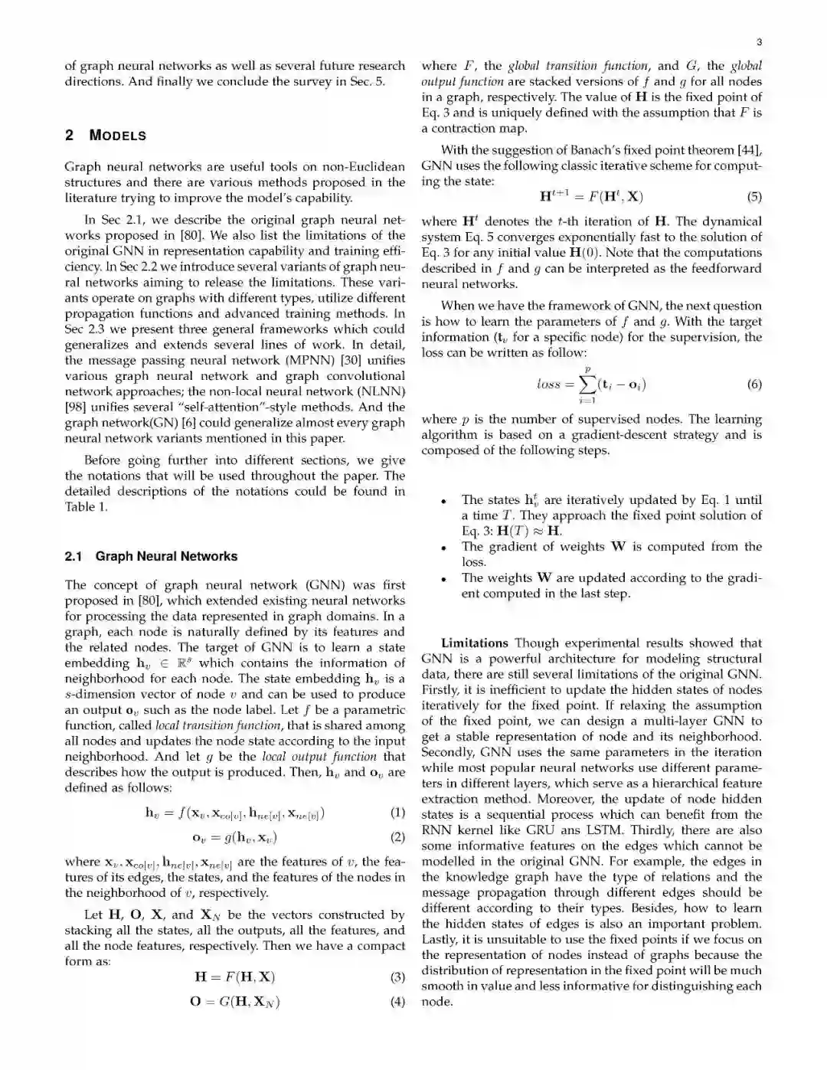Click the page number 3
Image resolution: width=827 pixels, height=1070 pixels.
(758, 42)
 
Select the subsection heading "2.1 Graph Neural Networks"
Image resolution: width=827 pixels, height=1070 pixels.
(151, 556)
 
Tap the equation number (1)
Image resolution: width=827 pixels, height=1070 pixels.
(397, 813)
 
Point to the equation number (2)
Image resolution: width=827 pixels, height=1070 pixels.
(397, 837)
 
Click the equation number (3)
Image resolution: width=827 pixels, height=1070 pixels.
(397, 977)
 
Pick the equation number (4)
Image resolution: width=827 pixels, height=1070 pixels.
(397, 1001)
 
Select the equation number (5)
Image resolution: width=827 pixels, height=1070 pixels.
(754, 197)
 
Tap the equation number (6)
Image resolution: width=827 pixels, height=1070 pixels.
(754, 384)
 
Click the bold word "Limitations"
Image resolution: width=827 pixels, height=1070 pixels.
(474, 643)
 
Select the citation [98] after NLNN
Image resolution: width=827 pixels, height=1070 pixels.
(77, 407)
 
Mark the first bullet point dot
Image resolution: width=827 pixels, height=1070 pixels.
(444, 501)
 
